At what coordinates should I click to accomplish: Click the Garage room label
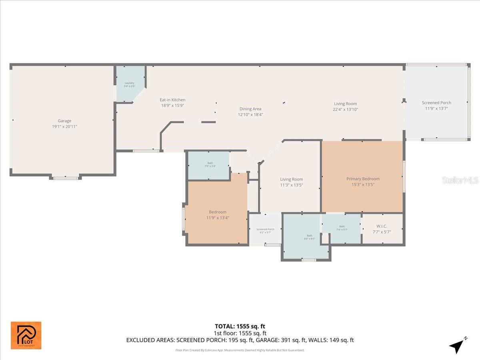64,121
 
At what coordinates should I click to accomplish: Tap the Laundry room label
129,83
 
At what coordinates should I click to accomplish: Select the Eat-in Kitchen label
172,100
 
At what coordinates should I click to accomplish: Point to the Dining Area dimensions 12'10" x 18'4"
250,114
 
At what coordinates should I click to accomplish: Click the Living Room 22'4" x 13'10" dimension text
345,109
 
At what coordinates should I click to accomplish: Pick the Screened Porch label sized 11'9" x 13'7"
436,103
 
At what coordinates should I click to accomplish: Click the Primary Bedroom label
363,179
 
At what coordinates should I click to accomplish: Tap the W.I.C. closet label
381,226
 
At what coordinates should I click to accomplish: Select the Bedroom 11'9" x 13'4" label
218,212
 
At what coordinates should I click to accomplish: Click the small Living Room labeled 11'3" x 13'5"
291,180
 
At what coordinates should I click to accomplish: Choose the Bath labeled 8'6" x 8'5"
309,236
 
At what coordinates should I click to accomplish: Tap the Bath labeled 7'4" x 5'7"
342,226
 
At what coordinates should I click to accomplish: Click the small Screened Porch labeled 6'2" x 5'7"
265,229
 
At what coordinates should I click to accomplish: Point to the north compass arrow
457,345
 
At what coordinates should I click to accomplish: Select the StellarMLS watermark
460,180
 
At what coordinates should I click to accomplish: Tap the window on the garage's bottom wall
66,178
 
